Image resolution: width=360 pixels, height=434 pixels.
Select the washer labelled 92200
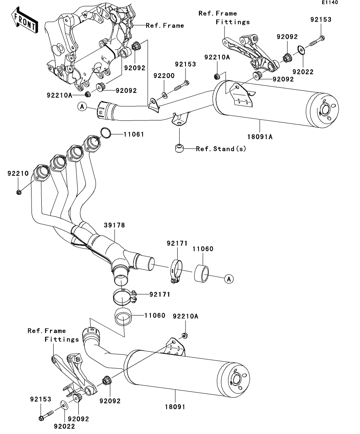(164, 95)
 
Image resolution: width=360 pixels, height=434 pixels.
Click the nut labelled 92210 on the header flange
(19, 192)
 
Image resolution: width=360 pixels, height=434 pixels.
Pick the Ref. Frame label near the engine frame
(165, 26)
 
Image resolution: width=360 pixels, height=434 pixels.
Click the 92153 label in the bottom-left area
(41, 399)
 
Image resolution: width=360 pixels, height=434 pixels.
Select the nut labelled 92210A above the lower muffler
(184, 336)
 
